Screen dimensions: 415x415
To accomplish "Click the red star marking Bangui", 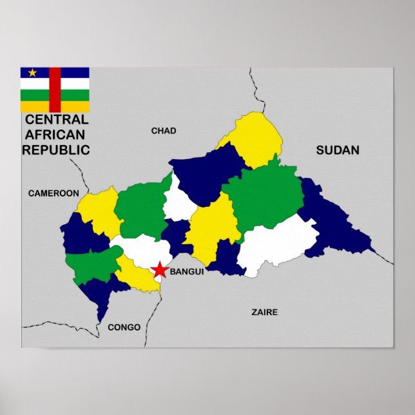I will (x=159, y=271).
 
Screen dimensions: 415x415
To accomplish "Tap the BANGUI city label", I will (x=187, y=272).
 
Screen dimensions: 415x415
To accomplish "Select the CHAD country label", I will (x=164, y=131).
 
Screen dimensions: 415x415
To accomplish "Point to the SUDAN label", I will (x=338, y=151).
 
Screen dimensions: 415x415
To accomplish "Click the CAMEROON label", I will (x=53, y=193).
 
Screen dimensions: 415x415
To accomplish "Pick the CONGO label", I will (x=124, y=327).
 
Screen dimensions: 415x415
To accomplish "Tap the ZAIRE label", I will (x=264, y=312).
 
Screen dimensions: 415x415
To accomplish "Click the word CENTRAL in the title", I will (x=57, y=120).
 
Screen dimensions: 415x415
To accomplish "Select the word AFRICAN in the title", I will (x=55, y=135).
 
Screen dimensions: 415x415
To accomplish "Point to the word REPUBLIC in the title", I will (x=56, y=150).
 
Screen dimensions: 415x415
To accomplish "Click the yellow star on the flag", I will (x=32, y=73).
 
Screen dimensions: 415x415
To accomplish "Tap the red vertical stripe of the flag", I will (x=55, y=90).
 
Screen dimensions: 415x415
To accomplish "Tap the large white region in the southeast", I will (x=277, y=244).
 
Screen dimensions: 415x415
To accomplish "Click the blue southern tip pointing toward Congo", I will (x=103, y=306).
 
